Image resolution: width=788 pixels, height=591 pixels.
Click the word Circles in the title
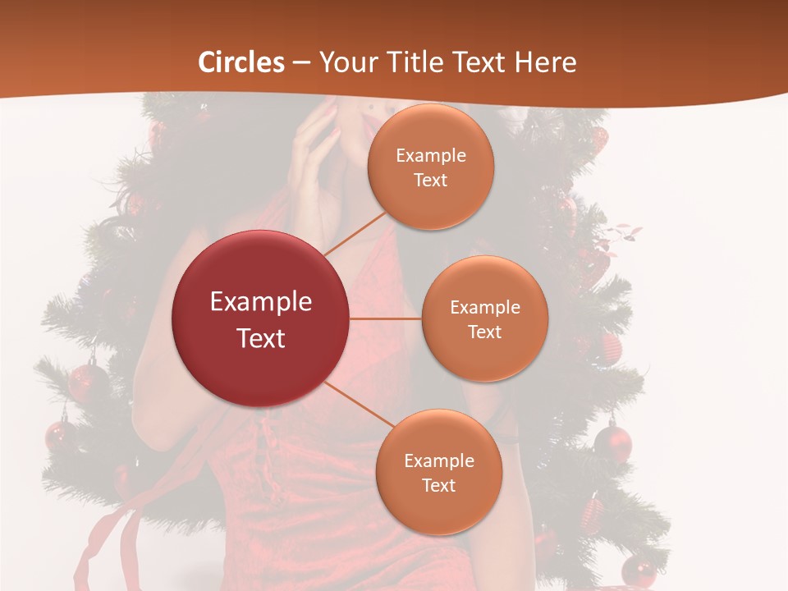241,62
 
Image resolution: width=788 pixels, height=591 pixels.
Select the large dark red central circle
261,318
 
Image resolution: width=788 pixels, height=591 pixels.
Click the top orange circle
431,167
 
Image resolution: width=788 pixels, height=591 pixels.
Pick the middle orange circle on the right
484,318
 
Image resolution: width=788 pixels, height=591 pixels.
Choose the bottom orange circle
438,472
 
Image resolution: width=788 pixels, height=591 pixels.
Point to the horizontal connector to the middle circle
386,318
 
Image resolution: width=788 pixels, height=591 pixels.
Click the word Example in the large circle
261,302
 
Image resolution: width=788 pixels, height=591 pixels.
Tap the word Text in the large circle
261,338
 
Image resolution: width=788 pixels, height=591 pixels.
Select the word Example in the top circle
431,155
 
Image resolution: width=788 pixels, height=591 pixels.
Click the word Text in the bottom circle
438,485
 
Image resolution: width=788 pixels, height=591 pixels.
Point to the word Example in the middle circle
484,307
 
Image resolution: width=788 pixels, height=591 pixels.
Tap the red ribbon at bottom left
107,542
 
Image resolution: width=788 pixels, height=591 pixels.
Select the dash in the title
301,63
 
